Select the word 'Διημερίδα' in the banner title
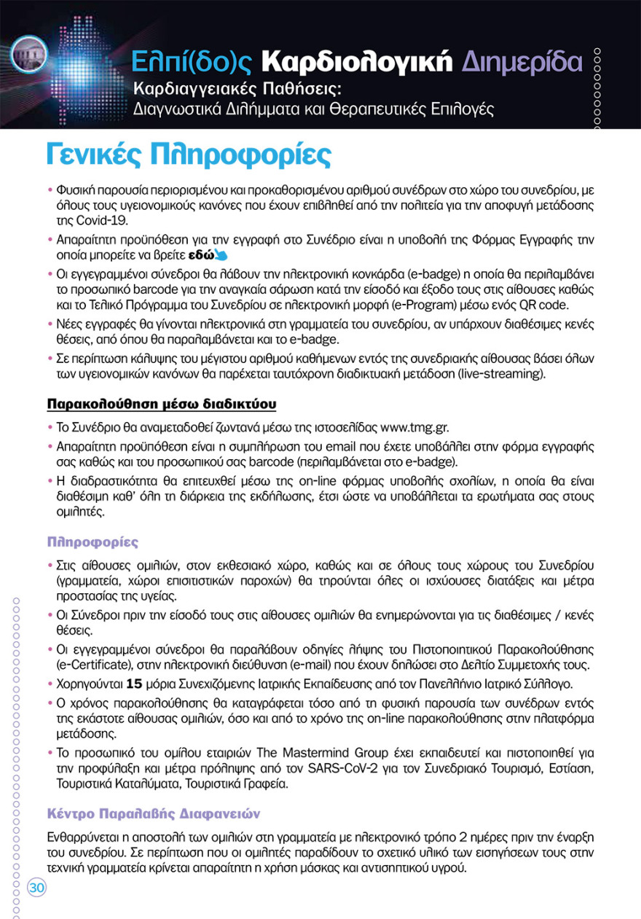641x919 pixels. click(522, 63)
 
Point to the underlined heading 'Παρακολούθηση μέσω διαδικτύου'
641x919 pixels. click(161, 403)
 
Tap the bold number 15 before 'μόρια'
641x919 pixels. click(133, 684)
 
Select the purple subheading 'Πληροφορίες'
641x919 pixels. click(93, 542)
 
